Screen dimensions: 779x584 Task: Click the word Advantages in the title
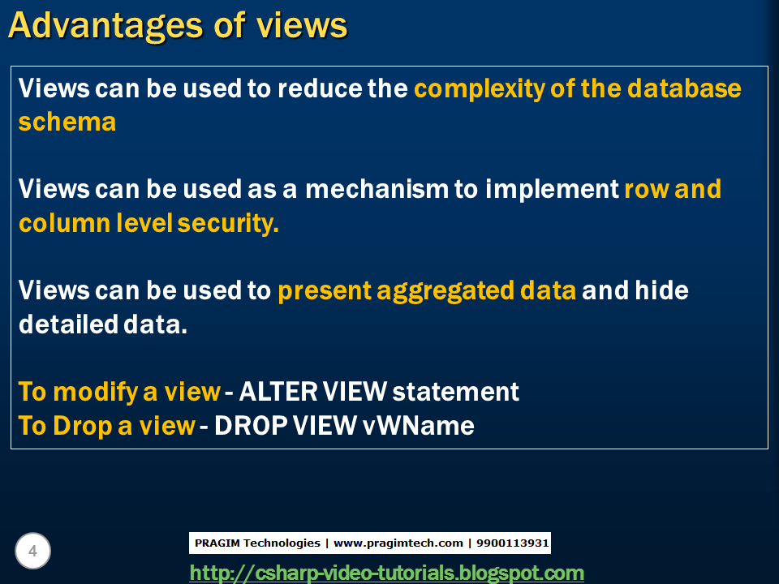point(105,26)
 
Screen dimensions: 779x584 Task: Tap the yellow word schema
point(67,122)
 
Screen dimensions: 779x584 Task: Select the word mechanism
point(377,189)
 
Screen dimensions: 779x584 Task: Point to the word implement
point(552,190)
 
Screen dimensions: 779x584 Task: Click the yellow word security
point(228,224)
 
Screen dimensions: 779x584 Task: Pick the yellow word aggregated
point(445,291)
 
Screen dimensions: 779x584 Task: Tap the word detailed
point(68,324)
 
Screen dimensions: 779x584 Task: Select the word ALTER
point(278,392)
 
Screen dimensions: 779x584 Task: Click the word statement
point(455,393)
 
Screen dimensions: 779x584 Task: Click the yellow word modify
point(96,393)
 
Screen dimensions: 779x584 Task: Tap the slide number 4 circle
point(32,551)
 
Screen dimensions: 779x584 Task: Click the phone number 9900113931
point(512,543)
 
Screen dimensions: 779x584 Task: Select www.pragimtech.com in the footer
point(398,543)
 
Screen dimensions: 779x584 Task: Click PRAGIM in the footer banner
point(217,543)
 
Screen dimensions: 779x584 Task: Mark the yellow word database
point(684,88)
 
